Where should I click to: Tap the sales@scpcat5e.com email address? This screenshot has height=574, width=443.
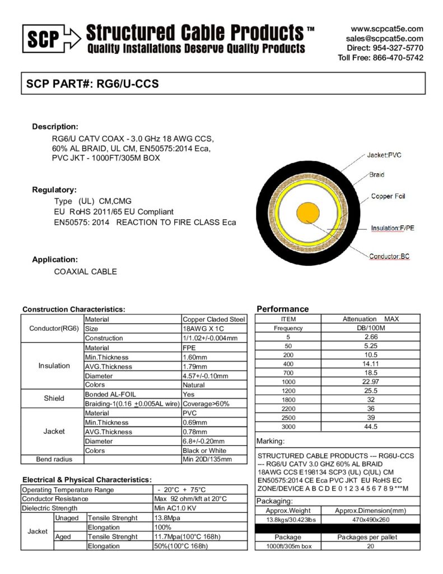385,38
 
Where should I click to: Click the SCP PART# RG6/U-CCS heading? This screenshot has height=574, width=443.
93,84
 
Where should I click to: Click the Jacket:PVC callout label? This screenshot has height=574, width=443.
384,155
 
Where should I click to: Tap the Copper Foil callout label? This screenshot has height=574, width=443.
388,196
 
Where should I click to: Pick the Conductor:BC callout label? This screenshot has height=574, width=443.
389,257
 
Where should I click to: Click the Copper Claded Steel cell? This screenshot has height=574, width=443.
214,319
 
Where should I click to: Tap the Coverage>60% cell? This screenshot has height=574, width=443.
206,404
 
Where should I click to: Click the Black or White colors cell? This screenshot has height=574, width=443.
204,451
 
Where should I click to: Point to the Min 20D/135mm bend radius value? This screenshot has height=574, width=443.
207,460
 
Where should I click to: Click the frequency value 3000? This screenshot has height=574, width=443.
288,427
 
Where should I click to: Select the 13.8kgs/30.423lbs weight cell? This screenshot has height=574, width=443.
288,520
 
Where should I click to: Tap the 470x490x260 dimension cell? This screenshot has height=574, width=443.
370,520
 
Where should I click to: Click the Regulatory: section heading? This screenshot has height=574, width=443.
54,189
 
